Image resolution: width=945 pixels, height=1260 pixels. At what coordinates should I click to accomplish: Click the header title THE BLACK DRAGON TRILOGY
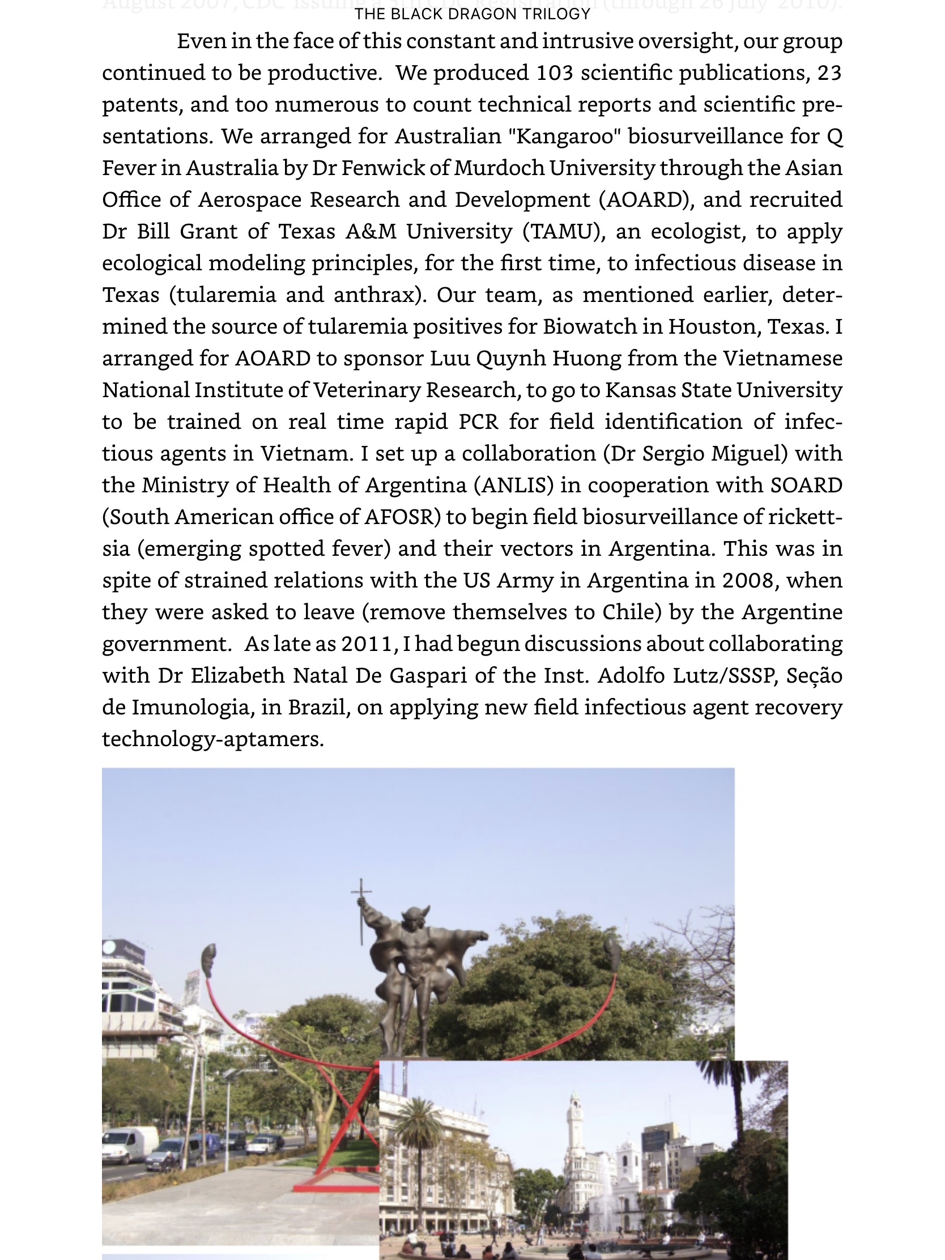click(472, 14)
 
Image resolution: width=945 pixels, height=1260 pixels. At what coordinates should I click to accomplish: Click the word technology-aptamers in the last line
click(212, 739)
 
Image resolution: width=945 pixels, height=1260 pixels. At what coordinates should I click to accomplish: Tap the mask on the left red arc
click(209, 960)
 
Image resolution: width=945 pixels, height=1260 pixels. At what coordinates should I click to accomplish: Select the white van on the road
click(130, 1144)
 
